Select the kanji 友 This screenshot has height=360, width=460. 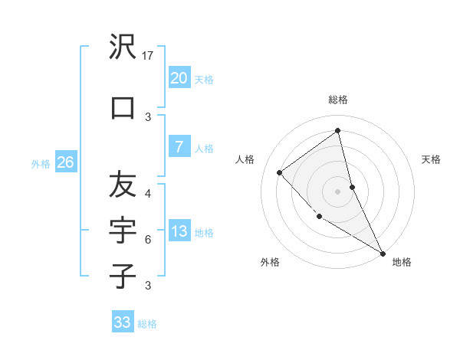pyautogui.click(x=123, y=185)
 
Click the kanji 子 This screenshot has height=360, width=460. pyautogui.click(x=123, y=275)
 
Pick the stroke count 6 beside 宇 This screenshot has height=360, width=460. pyautogui.click(x=148, y=240)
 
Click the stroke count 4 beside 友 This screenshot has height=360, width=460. pyautogui.click(x=148, y=194)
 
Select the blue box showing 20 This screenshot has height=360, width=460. pyautogui.click(x=179, y=78)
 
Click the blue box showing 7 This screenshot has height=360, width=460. pyautogui.click(x=179, y=147)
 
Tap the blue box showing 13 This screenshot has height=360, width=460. pyautogui.click(x=179, y=231)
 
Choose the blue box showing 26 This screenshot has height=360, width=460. pyautogui.click(x=65, y=162)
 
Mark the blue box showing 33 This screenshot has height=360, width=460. pyautogui.click(x=122, y=322)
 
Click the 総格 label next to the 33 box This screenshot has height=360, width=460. pyautogui.click(x=147, y=324)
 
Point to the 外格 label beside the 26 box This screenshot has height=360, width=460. pyautogui.click(x=41, y=163)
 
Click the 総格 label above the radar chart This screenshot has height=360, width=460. pyautogui.click(x=338, y=100)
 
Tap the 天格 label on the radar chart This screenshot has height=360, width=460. pyautogui.click(x=432, y=159)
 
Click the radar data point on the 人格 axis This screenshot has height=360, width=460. pyautogui.click(x=280, y=172)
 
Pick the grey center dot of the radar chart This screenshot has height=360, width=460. pyautogui.click(x=338, y=191)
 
